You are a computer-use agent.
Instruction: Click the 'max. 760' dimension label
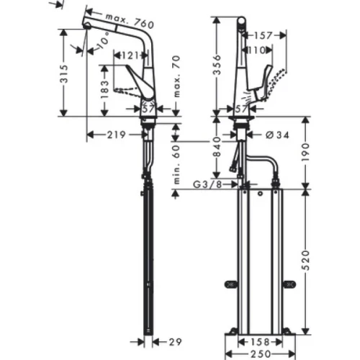(127, 16)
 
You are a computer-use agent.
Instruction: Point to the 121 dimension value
(129, 55)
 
